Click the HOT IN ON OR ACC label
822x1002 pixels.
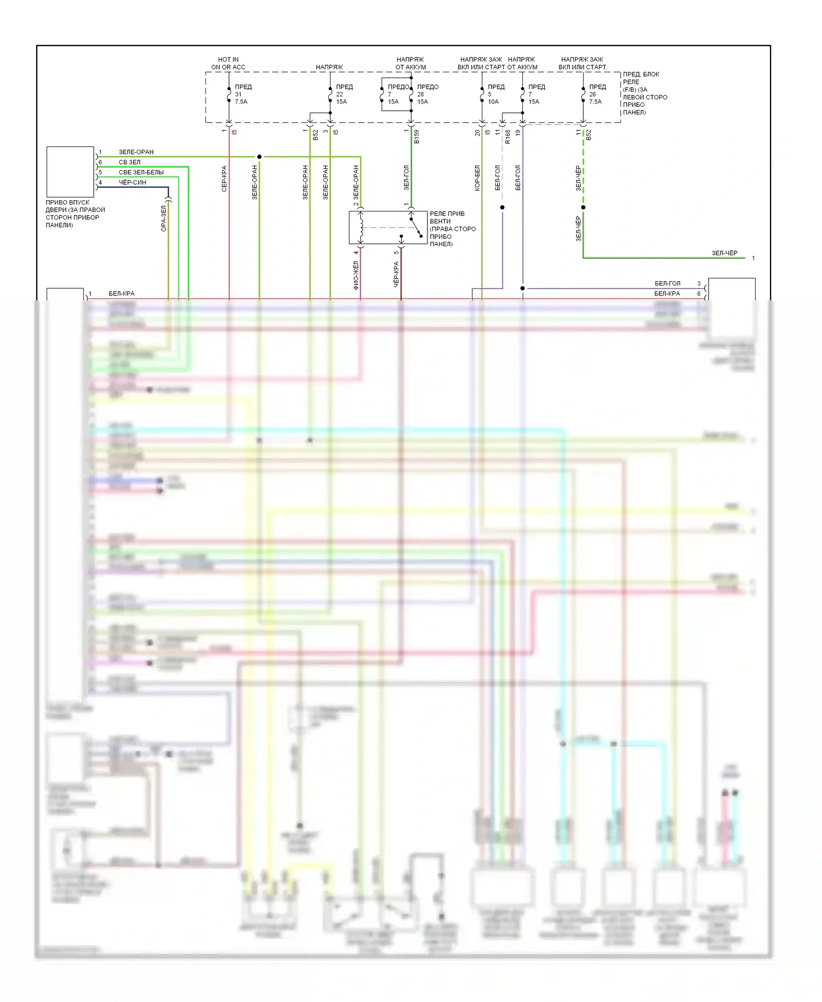point(228,63)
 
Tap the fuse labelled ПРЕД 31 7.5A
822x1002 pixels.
point(229,94)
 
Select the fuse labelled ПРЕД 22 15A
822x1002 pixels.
point(330,94)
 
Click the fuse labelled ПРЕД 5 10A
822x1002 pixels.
point(482,94)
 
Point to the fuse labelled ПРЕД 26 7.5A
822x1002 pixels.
point(584,94)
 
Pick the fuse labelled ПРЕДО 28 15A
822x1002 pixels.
point(412,94)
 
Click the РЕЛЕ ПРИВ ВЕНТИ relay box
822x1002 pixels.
point(388,227)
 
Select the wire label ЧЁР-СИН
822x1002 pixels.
point(133,183)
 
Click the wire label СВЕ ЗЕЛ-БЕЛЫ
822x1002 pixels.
point(141,172)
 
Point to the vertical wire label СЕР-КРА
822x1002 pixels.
point(224,179)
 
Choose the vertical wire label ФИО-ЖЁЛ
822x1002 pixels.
point(356,275)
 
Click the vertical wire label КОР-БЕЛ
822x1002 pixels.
point(477,178)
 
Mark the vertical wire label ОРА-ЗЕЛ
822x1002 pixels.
point(163,218)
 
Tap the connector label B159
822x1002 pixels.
point(416,136)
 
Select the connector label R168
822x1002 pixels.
point(507,136)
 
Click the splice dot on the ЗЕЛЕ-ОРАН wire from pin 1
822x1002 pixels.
point(259,157)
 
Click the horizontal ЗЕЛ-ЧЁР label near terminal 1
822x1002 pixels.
point(724,253)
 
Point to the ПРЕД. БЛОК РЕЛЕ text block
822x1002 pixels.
point(644,93)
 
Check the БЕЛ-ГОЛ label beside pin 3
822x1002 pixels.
point(667,283)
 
